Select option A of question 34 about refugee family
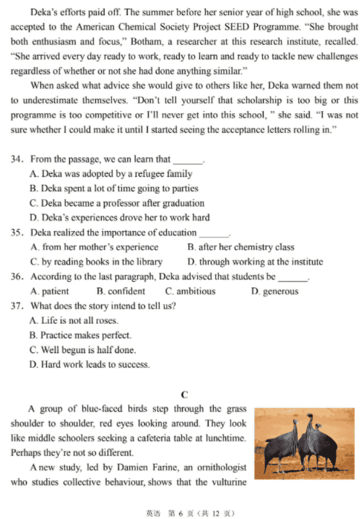pos(110,173)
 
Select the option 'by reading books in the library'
pos(96,262)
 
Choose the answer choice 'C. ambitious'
pos(190,291)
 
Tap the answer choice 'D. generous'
pos(274,291)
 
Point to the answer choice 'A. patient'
pos(50,291)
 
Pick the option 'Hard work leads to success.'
pos(89,365)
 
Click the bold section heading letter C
pos(184,395)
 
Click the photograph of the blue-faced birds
pos(305,443)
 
